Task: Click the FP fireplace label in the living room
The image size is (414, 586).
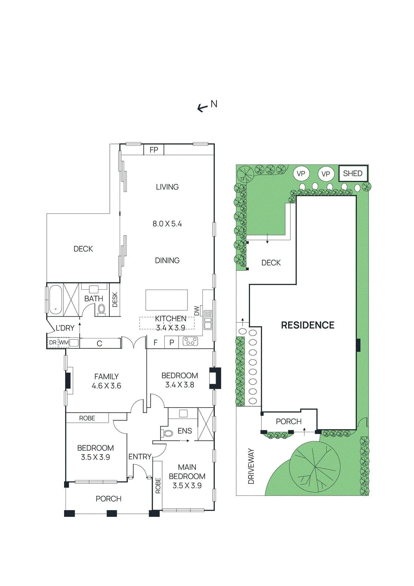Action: (x=154, y=150)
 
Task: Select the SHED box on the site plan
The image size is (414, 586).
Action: (x=353, y=174)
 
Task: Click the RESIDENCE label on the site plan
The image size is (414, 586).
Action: (x=307, y=325)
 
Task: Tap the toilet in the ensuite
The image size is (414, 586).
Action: (x=168, y=434)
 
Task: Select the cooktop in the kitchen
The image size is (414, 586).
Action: (x=190, y=341)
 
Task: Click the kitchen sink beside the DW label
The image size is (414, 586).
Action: (x=208, y=320)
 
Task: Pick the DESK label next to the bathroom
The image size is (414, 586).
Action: (x=115, y=300)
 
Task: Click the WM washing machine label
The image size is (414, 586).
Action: (x=64, y=342)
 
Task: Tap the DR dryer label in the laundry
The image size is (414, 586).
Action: (x=53, y=342)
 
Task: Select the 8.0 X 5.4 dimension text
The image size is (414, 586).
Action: (x=167, y=224)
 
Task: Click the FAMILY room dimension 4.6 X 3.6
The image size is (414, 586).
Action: (x=107, y=386)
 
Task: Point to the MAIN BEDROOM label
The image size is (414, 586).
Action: (x=187, y=472)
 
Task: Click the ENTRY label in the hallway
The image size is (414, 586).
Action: (x=140, y=457)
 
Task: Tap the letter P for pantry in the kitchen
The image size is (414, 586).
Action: (x=172, y=343)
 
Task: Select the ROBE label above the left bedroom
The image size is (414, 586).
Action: (x=87, y=418)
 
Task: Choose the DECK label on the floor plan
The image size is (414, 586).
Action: (x=83, y=249)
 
